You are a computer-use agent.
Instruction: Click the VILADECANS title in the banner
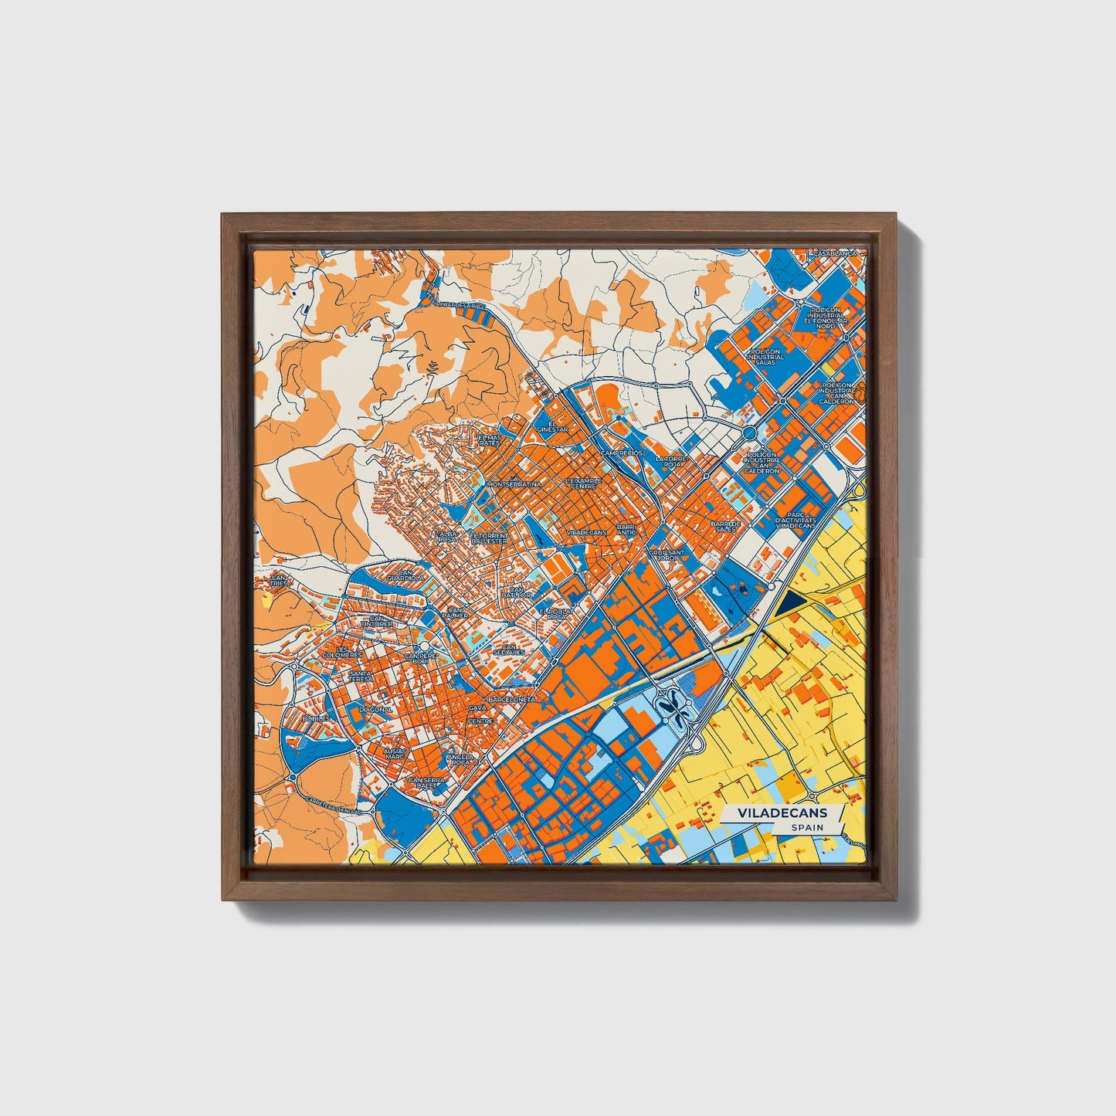tap(782, 813)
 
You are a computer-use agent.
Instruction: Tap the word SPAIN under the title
tap(806, 827)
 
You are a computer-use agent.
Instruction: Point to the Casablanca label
tap(833, 253)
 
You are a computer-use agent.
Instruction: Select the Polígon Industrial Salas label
tap(765, 356)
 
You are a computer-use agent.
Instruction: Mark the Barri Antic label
tap(626, 531)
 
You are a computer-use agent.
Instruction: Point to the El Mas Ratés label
tap(489, 440)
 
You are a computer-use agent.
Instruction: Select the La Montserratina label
tap(511, 483)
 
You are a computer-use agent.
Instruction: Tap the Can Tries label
tap(278, 579)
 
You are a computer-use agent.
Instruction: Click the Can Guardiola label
tap(405, 574)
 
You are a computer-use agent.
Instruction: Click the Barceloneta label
tap(511, 698)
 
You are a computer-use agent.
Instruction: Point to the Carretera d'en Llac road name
tap(334, 803)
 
